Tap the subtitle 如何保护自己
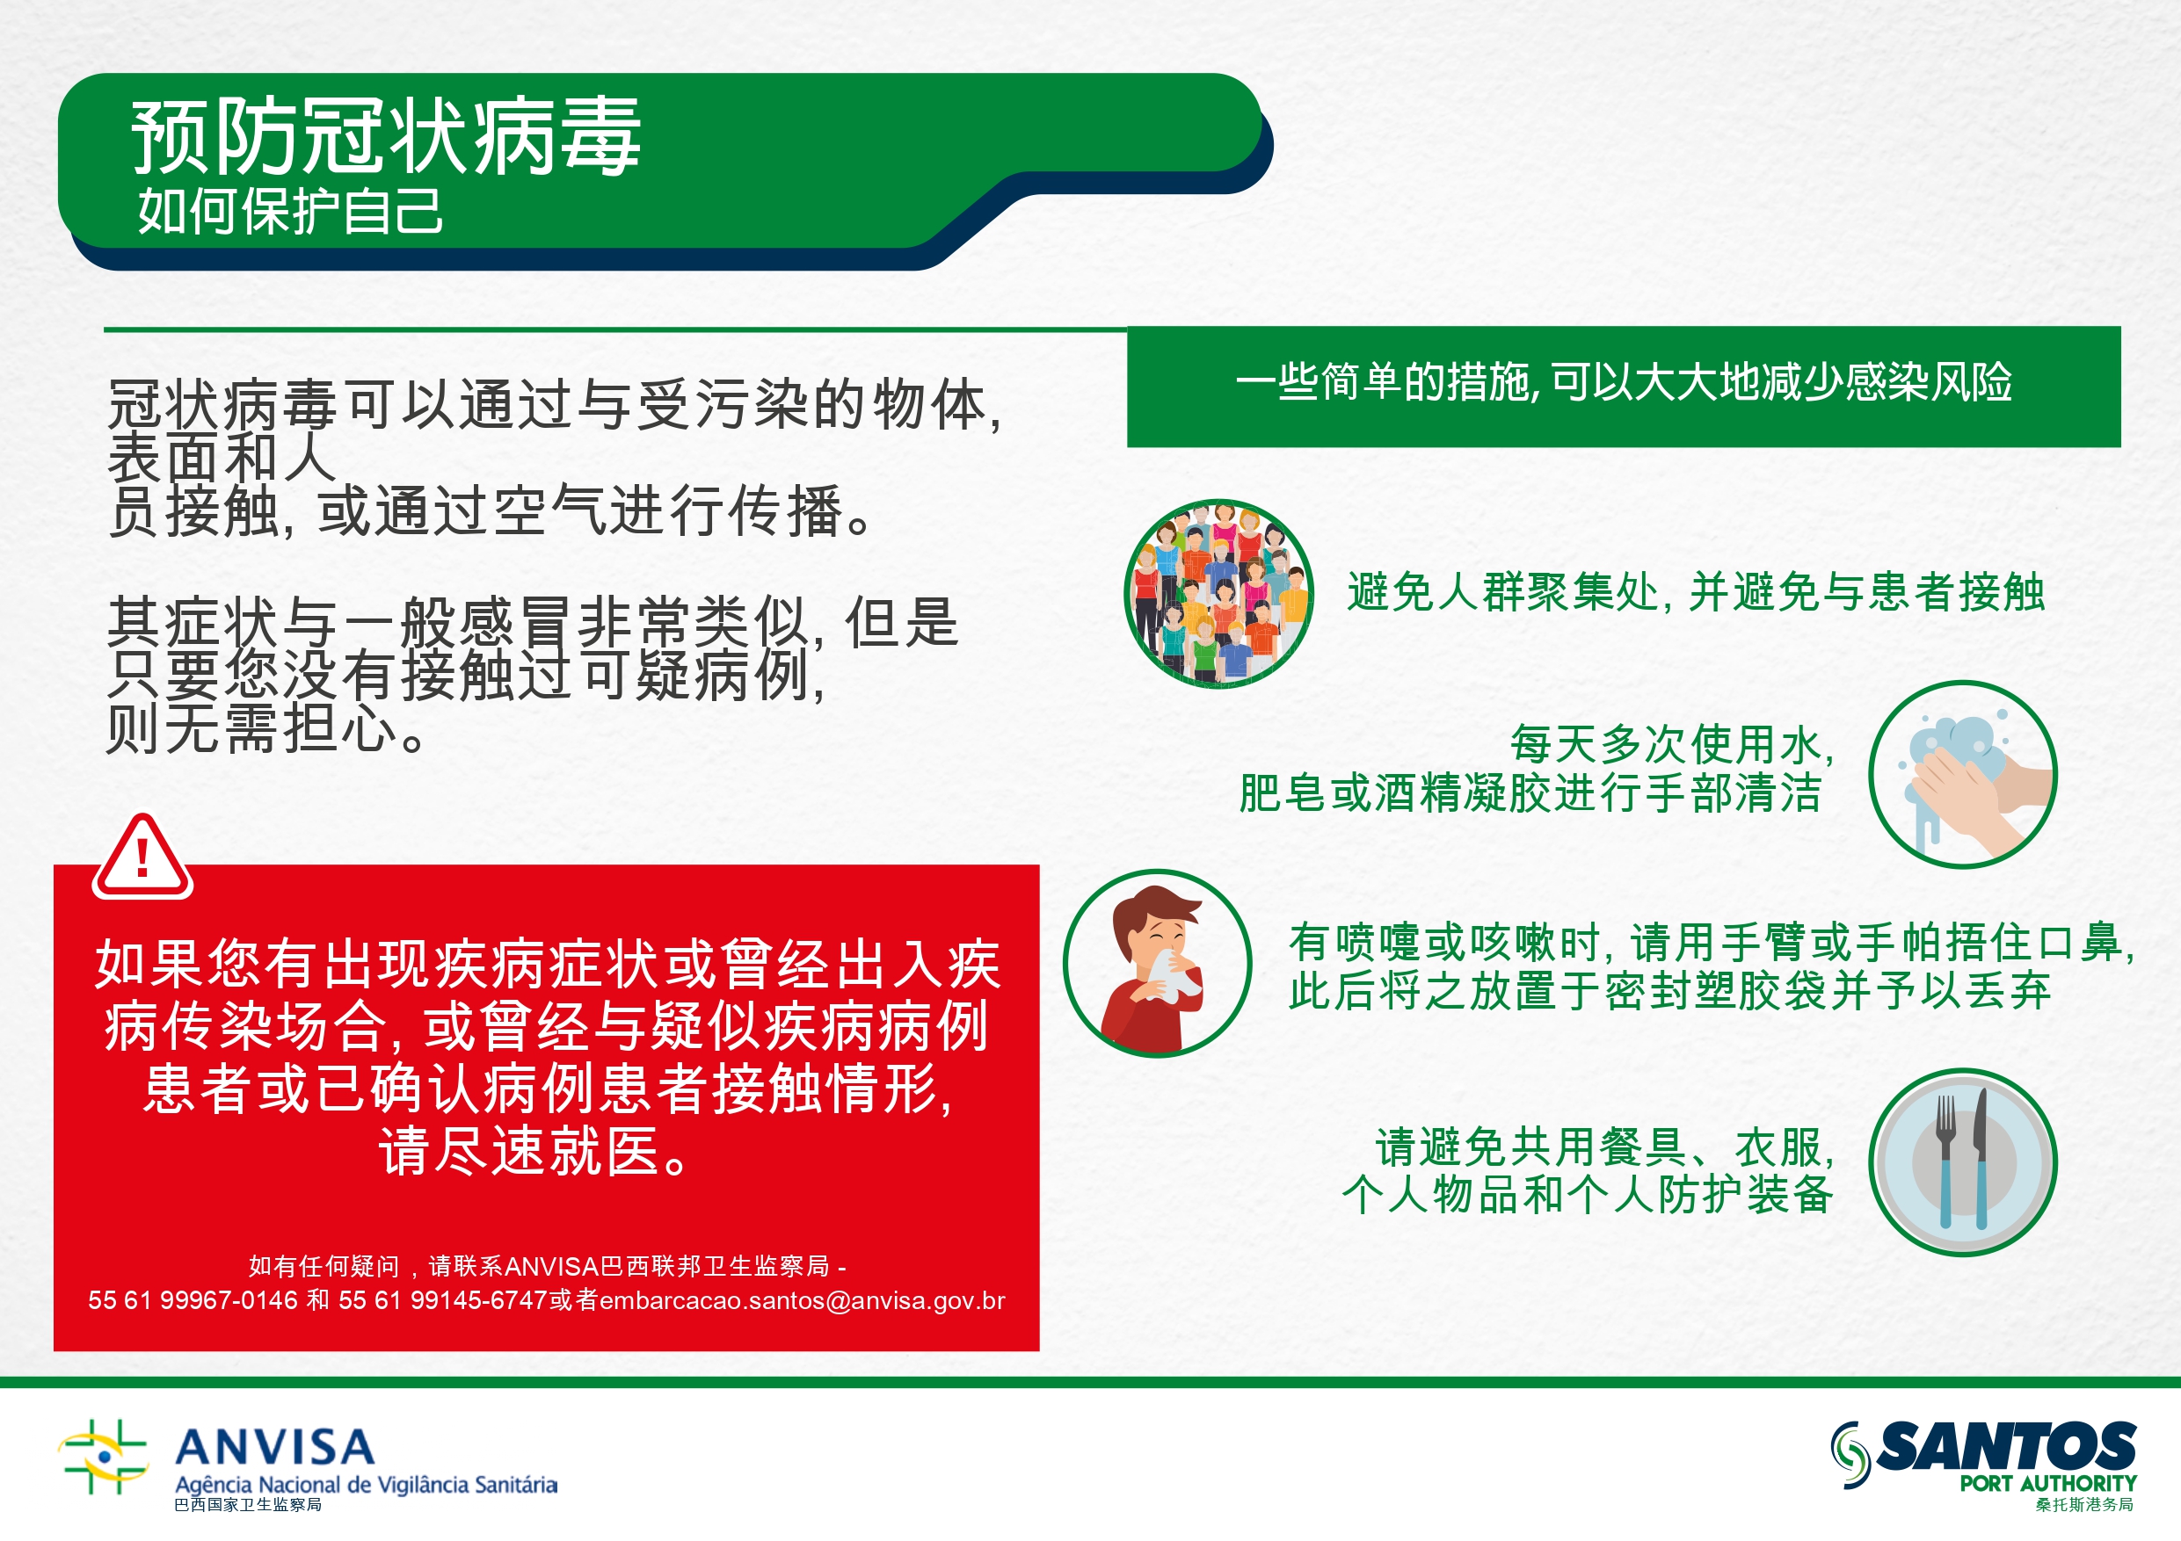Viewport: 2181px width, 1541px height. click(290, 210)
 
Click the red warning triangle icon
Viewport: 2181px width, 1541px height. click(142, 857)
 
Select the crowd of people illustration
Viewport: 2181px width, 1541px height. click(1218, 593)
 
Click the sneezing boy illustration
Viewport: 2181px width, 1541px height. click(1157, 963)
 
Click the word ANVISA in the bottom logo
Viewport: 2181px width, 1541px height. click(275, 1447)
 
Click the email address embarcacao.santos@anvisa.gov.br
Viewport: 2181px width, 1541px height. click(802, 1299)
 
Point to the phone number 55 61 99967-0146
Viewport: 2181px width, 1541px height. click(193, 1299)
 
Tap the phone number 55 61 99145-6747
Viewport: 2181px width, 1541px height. click(443, 1299)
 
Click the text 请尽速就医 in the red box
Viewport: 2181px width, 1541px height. click(520, 1152)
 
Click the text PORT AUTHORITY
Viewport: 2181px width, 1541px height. click(2048, 1483)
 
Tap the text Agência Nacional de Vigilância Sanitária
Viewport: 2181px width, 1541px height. click(366, 1485)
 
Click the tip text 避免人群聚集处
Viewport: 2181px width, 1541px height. click(1502, 592)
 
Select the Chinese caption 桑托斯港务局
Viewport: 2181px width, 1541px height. click(2084, 1505)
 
